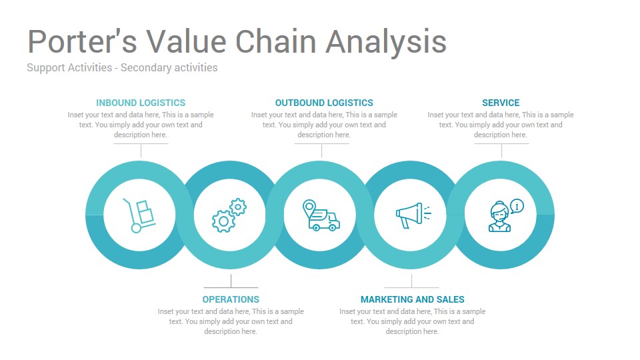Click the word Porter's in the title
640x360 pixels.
[x=82, y=41]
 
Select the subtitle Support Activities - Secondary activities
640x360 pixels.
[x=122, y=68]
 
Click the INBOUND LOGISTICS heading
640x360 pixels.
[x=141, y=103]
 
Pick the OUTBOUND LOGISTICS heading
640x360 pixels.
[x=324, y=103]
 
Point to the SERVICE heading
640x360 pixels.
[x=501, y=103]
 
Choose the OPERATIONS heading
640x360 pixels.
[x=231, y=299]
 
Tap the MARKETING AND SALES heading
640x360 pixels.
[x=412, y=299]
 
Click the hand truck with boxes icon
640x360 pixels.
[x=139, y=215]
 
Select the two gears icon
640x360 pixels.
[x=229, y=215]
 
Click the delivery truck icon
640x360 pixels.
[x=321, y=215]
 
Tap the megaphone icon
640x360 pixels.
[x=413, y=215]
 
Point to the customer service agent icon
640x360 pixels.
[x=506, y=215]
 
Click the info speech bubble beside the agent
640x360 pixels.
[x=517, y=206]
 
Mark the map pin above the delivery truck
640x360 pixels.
[x=309, y=207]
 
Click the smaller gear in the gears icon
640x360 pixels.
[x=238, y=207]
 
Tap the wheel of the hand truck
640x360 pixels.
[x=136, y=228]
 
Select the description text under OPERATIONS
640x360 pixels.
[x=231, y=321]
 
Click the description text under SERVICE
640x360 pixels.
[x=501, y=125]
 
